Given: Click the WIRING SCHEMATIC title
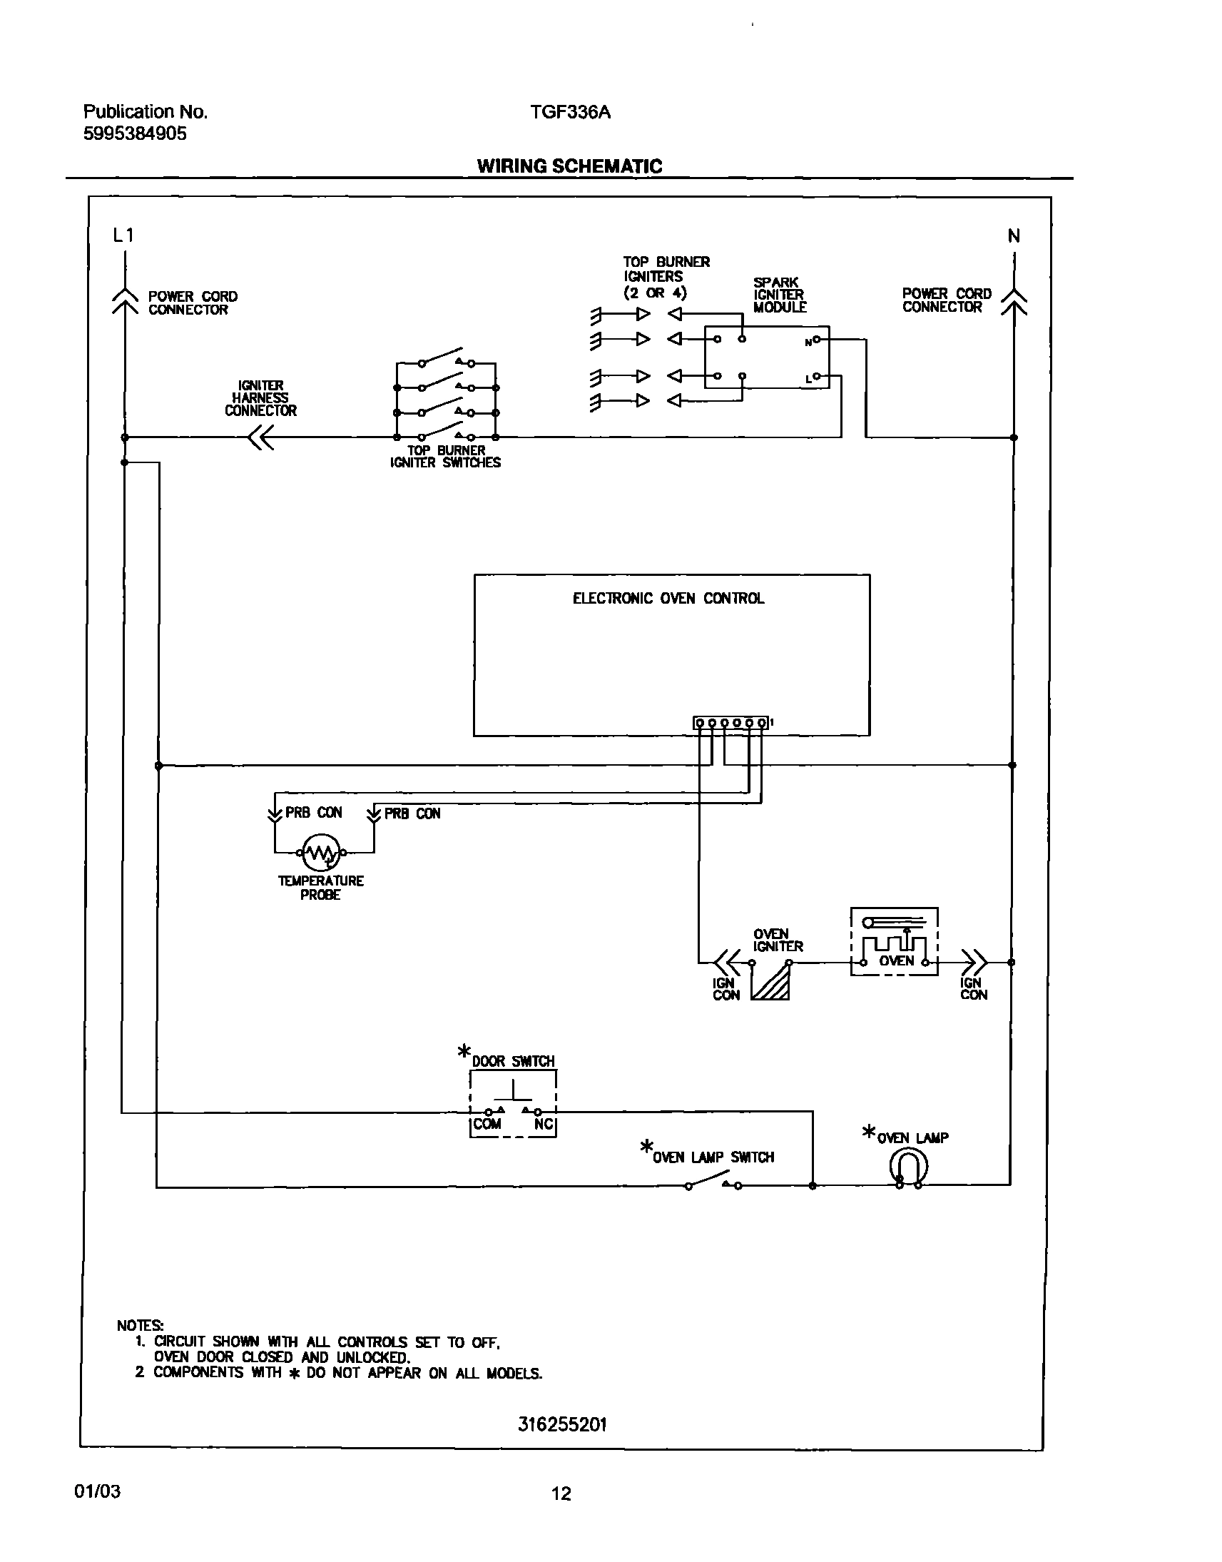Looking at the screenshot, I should (x=569, y=166).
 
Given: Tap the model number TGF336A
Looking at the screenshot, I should (x=570, y=112).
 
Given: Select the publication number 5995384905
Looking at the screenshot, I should (x=135, y=134).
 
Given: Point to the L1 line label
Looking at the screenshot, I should (x=123, y=235).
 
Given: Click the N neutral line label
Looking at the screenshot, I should (x=1014, y=236).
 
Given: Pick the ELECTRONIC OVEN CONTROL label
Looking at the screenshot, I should (x=668, y=598).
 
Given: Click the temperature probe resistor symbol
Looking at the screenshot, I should (x=320, y=852).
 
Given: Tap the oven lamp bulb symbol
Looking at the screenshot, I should (x=909, y=1167).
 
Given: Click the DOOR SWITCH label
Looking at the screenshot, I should (x=513, y=1061).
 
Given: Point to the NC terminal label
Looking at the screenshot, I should (x=543, y=1124).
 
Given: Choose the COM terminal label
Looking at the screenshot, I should (x=487, y=1124).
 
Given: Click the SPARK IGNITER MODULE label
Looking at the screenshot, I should (x=779, y=295).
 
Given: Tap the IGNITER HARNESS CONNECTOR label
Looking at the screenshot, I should (x=260, y=398).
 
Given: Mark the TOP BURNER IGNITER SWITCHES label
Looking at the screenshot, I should (x=445, y=457).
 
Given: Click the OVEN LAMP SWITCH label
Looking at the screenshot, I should (x=713, y=1157).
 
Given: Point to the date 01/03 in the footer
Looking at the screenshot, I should (x=97, y=1492).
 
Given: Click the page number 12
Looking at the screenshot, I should (x=561, y=1493).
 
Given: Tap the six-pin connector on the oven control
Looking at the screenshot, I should (x=731, y=723).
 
